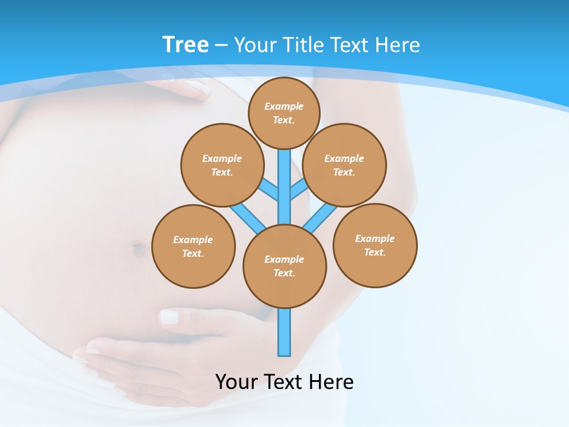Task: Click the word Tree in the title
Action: click(186, 44)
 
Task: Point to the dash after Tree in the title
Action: click(221, 45)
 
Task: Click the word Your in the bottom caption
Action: click(236, 381)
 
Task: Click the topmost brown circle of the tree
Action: click(284, 113)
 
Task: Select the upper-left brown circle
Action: click(222, 165)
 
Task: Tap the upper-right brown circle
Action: click(344, 165)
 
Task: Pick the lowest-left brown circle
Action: click(193, 246)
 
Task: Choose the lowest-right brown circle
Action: click(375, 245)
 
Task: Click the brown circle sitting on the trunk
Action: click(284, 266)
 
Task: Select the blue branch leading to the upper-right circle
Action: click(298, 190)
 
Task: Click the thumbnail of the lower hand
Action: click(169, 317)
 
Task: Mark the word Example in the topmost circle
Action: click(284, 106)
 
